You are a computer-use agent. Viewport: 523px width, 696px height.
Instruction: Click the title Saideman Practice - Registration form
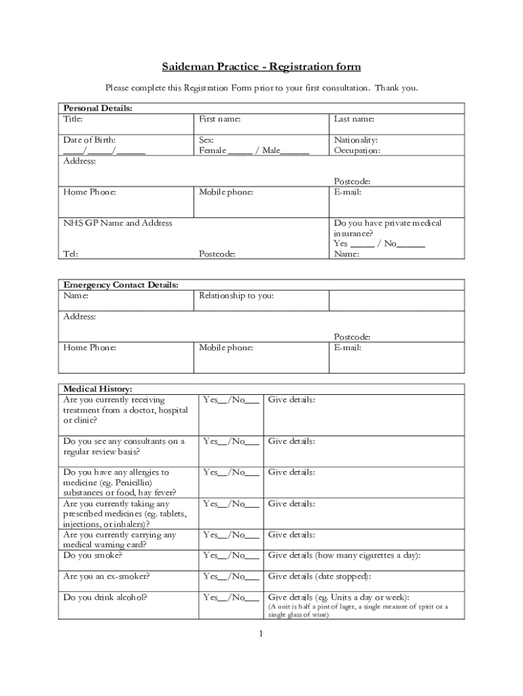pos(261,67)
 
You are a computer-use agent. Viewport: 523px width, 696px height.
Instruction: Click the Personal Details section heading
pos(97,108)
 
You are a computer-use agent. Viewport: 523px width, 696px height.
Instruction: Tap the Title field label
pos(73,119)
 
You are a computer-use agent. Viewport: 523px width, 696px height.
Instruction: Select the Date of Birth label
pos(89,140)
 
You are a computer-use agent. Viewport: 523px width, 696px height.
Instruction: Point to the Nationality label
pos(355,140)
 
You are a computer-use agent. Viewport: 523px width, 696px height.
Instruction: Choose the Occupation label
pos(357,151)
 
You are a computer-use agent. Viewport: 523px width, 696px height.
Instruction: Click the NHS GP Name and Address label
pos(118,223)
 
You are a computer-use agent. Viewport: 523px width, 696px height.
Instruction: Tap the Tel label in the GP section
pos(70,254)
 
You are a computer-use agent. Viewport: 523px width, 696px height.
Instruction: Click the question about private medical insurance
pos(387,228)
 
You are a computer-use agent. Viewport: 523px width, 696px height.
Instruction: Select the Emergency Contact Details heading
pos(120,285)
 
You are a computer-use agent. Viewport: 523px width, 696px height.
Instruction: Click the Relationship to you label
pos(236,296)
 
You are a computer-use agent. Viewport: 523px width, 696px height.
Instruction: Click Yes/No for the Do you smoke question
pos(231,555)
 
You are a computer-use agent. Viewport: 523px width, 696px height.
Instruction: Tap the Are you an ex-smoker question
pos(106,576)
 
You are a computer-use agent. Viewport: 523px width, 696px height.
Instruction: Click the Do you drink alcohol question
pos(105,597)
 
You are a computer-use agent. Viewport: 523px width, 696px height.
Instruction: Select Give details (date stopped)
pos(319,576)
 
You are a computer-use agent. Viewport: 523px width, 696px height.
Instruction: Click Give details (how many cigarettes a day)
pos(344,555)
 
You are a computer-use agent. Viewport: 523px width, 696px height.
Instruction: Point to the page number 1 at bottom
pos(260,634)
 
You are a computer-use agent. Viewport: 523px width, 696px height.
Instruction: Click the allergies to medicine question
pos(120,483)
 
